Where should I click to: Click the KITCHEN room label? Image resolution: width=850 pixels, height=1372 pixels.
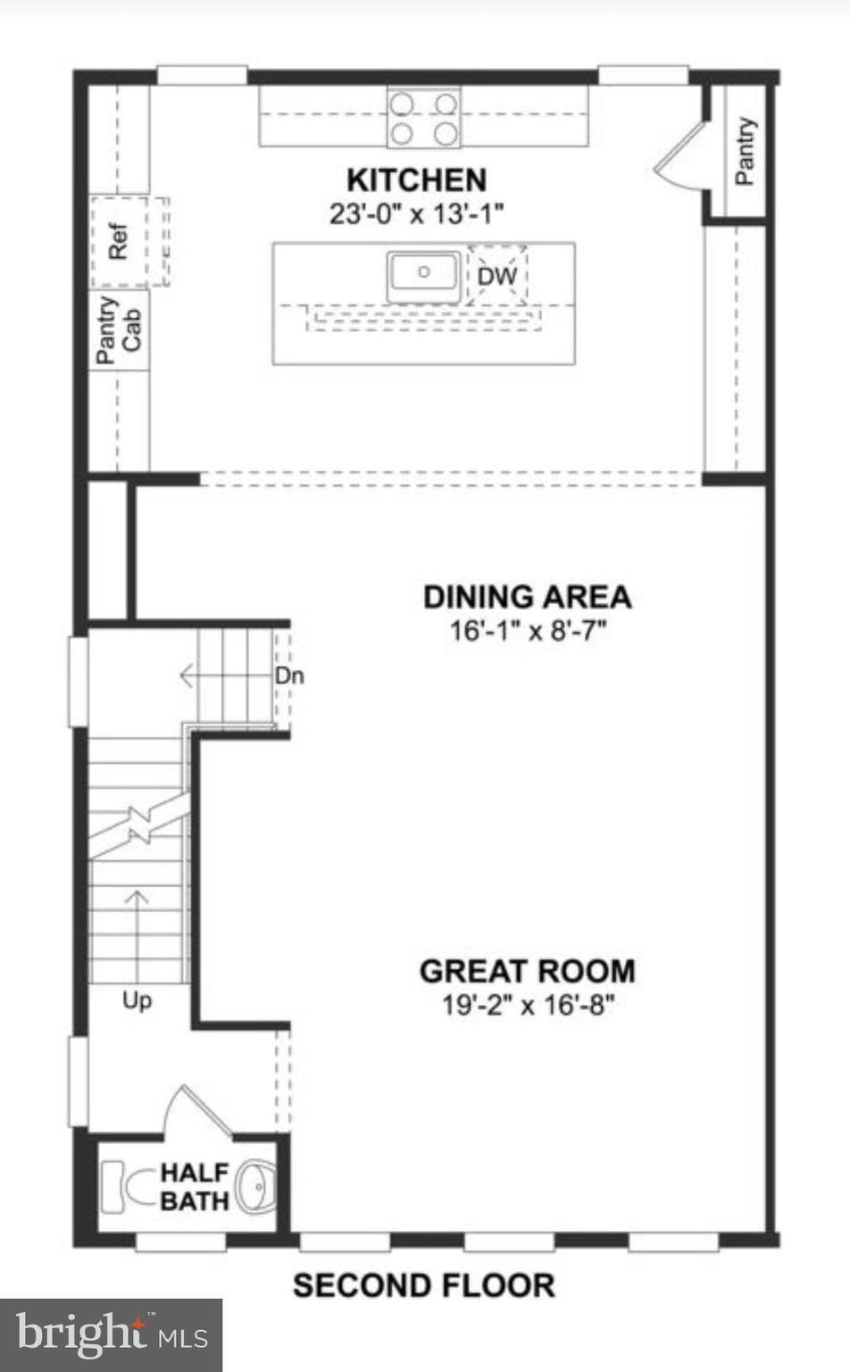click(416, 180)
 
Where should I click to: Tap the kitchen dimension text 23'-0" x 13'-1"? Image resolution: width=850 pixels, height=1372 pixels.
click(416, 214)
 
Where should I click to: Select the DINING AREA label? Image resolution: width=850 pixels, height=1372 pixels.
click(527, 598)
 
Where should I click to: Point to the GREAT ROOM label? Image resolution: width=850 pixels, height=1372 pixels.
click(527, 972)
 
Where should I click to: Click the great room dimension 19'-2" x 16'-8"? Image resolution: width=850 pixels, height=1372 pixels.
click(527, 1006)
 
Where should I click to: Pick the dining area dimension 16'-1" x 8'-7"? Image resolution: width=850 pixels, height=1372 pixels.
click(527, 632)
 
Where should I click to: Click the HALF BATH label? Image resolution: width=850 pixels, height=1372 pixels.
click(194, 1187)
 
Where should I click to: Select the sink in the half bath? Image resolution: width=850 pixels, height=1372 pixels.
click(256, 1187)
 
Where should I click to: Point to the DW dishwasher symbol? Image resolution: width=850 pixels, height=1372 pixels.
click(497, 276)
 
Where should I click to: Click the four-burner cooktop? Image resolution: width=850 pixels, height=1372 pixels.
click(424, 118)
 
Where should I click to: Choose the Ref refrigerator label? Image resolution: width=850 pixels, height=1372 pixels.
click(118, 241)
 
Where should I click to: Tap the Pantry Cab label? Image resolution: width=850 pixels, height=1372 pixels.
click(119, 330)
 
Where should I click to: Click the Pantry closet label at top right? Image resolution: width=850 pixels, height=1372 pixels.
click(745, 151)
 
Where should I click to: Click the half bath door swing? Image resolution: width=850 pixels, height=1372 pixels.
click(198, 1112)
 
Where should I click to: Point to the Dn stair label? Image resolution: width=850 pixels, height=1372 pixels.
click(288, 676)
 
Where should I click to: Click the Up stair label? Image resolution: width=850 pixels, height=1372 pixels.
click(137, 1000)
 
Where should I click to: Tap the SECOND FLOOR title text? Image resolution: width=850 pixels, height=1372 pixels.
click(423, 1286)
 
